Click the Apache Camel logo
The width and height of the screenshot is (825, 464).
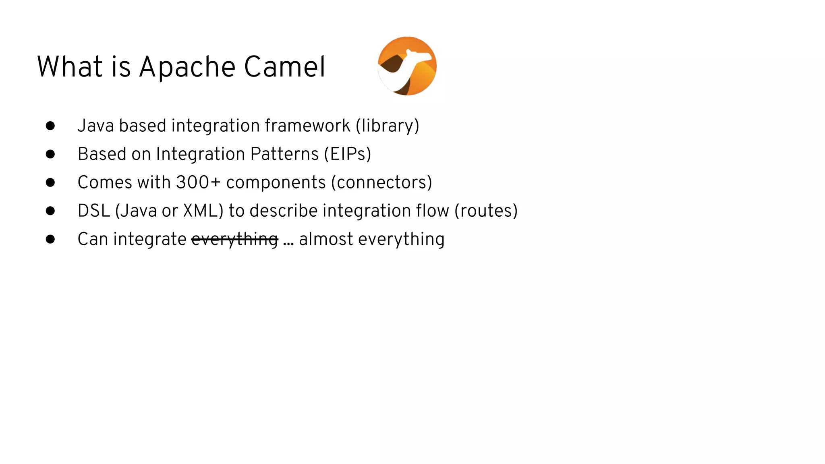tap(407, 66)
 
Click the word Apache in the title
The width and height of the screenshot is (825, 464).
tap(187, 67)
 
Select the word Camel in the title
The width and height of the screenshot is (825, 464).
tap(284, 67)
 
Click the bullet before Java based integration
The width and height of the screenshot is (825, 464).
tap(50, 126)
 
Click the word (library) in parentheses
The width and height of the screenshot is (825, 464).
tap(387, 126)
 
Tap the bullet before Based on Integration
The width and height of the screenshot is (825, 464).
tap(50, 154)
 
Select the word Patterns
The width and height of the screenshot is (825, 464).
tap(284, 154)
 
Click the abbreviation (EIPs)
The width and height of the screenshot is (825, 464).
tap(348, 154)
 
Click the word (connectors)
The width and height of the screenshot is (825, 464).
tap(381, 182)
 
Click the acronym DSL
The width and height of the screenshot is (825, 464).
tap(94, 211)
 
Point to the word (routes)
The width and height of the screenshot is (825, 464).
tap(486, 211)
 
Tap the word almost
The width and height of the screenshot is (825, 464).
tap(326, 239)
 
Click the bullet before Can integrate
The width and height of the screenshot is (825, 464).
tap(50, 239)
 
